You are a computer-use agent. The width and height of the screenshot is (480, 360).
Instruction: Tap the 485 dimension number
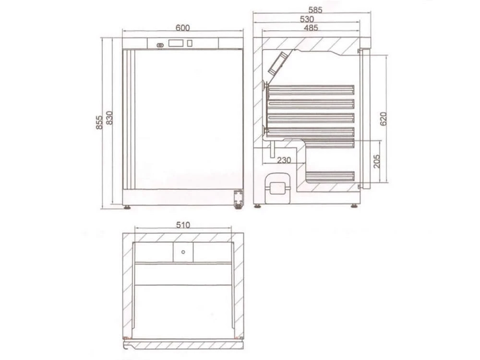tap(311, 28)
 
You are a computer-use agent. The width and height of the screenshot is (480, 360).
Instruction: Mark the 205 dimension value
tap(377, 161)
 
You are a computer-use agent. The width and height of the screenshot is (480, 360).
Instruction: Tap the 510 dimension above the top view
tap(183, 224)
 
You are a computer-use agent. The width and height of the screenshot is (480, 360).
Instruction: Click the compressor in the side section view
tap(278, 184)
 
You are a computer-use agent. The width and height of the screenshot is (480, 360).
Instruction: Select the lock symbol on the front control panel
tap(160, 45)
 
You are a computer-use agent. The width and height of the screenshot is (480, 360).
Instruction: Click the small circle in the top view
tap(183, 251)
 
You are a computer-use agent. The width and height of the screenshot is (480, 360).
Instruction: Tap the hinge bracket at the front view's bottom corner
tap(237, 199)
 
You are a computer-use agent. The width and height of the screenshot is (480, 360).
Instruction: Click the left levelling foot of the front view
tap(127, 207)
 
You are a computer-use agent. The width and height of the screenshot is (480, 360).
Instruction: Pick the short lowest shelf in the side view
tap(330, 177)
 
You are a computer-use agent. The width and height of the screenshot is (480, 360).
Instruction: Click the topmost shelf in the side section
tap(311, 89)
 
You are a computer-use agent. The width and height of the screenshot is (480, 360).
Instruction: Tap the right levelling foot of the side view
tap(354, 206)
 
